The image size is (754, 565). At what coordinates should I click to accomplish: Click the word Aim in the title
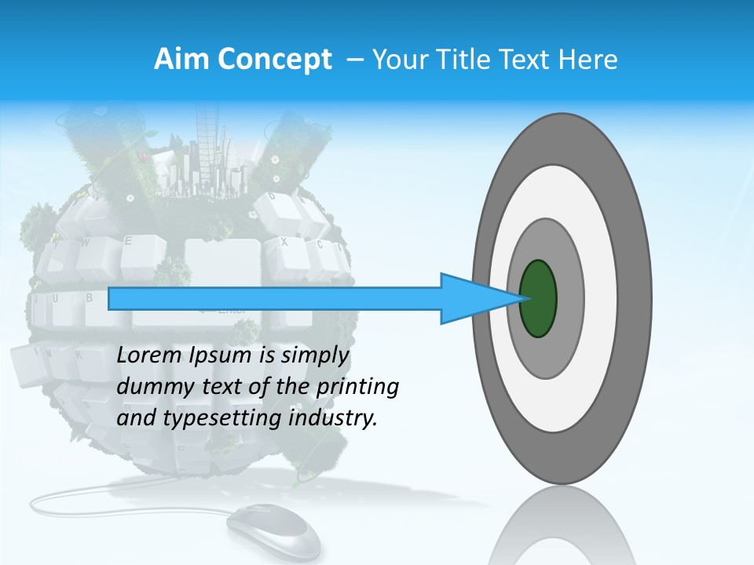pos(181,60)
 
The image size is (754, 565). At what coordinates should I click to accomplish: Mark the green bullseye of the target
pos(538,299)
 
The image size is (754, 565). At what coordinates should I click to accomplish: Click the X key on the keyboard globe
pos(284,243)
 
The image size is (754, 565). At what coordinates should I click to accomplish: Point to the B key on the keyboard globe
pos(90,299)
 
